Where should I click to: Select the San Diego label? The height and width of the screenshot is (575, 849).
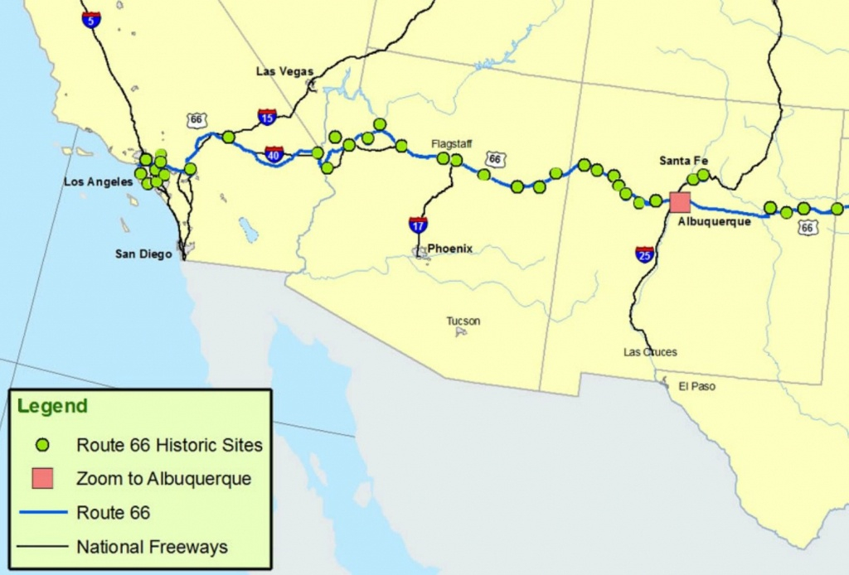pos(143,254)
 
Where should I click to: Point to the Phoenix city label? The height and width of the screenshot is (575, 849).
pos(449,249)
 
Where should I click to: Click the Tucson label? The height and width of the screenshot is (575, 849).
pos(463,321)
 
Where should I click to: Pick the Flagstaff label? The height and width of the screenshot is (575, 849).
pos(451,143)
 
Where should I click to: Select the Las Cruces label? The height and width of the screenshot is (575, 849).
pos(650,352)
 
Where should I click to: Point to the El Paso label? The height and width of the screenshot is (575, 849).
pos(696,386)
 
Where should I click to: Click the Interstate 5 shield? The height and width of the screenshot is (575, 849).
pos(92,19)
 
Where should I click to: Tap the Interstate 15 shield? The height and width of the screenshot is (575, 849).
pos(267,117)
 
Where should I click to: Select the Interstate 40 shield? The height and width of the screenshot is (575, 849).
pos(274,154)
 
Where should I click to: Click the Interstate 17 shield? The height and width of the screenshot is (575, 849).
pos(418,224)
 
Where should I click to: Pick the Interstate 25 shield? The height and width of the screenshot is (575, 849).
pos(645,254)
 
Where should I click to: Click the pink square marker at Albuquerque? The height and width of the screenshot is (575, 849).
pos(680,202)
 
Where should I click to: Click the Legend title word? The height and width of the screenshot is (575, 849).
pos(52,407)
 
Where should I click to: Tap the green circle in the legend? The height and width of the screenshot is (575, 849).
pos(43,446)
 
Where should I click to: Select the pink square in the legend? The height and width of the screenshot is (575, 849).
pos(43,478)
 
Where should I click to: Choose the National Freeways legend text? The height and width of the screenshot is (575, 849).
pos(152,547)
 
